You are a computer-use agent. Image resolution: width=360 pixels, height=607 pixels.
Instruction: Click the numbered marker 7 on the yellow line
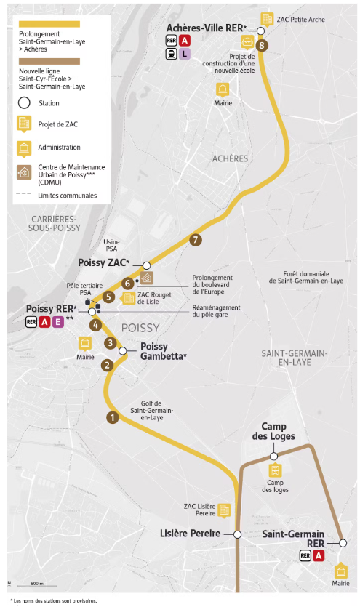194,240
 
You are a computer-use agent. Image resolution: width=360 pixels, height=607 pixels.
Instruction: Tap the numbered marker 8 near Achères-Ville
262,46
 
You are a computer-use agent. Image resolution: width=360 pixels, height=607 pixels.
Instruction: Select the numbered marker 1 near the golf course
112,417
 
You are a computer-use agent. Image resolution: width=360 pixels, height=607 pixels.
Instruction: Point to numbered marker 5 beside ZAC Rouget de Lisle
108,297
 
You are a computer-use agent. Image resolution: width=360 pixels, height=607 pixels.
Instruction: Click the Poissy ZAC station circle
147,265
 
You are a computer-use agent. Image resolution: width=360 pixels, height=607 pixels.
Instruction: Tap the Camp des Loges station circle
274,456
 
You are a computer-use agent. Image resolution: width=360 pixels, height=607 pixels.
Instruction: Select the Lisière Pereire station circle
237,534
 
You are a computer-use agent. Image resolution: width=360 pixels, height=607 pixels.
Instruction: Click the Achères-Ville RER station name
207,28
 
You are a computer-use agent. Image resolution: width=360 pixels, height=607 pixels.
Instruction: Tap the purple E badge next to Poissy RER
57,322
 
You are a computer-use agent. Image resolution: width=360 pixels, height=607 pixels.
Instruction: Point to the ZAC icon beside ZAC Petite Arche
267,18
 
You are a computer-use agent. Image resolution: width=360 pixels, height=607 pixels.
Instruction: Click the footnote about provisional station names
54,600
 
